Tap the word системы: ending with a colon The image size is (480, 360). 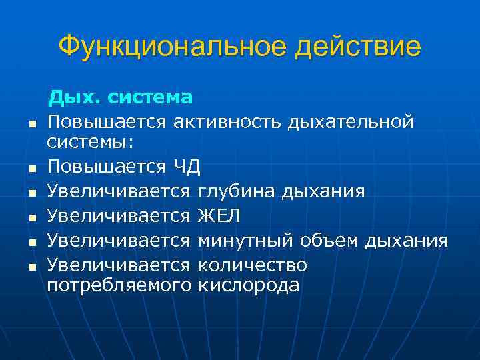coord(89,141)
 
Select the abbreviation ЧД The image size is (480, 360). coord(187,166)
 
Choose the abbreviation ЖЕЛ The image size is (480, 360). coord(219,216)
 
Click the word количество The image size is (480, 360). coord(253,265)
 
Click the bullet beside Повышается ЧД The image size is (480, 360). coord(31,168)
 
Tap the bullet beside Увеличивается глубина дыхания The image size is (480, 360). coord(31,193)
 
